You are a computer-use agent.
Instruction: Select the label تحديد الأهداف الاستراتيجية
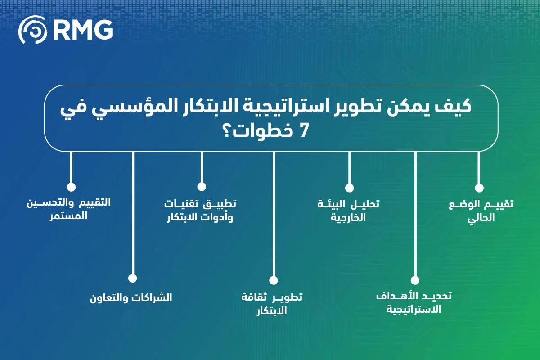point(414,303)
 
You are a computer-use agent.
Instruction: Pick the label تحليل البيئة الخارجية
point(348,211)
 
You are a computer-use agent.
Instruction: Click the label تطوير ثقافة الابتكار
point(272,304)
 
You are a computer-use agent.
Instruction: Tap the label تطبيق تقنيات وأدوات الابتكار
point(200,211)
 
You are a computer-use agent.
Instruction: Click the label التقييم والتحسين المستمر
point(69,209)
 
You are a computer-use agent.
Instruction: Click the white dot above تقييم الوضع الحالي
point(479,188)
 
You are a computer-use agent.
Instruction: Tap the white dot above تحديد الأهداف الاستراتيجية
point(415,280)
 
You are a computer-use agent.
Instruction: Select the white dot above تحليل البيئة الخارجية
point(349,188)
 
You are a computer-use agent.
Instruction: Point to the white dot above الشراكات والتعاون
point(132,278)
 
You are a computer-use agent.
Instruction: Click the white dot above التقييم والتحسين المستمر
point(71,187)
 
